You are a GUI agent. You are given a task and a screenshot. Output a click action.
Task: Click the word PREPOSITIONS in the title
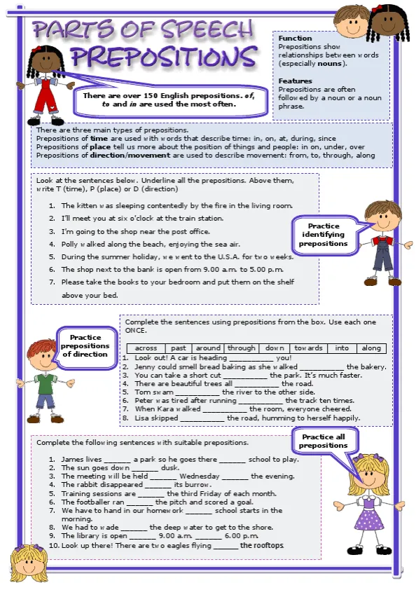[163, 57]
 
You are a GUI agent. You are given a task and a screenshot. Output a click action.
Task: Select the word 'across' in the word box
[146, 348]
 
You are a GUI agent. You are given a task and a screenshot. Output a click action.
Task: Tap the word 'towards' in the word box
[308, 348]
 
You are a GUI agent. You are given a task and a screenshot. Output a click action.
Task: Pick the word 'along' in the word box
[371, 348]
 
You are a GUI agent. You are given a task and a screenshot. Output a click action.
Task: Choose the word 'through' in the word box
[241, 348]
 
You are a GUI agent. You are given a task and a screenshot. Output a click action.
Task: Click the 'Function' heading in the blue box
[295, 39]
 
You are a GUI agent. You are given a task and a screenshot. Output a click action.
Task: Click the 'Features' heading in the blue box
[295, 81]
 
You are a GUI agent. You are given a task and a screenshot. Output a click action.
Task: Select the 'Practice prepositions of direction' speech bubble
[85, 345]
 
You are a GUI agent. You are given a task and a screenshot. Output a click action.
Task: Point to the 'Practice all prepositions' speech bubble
[323, 441]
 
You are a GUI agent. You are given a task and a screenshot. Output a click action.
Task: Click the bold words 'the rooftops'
[261, 545]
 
